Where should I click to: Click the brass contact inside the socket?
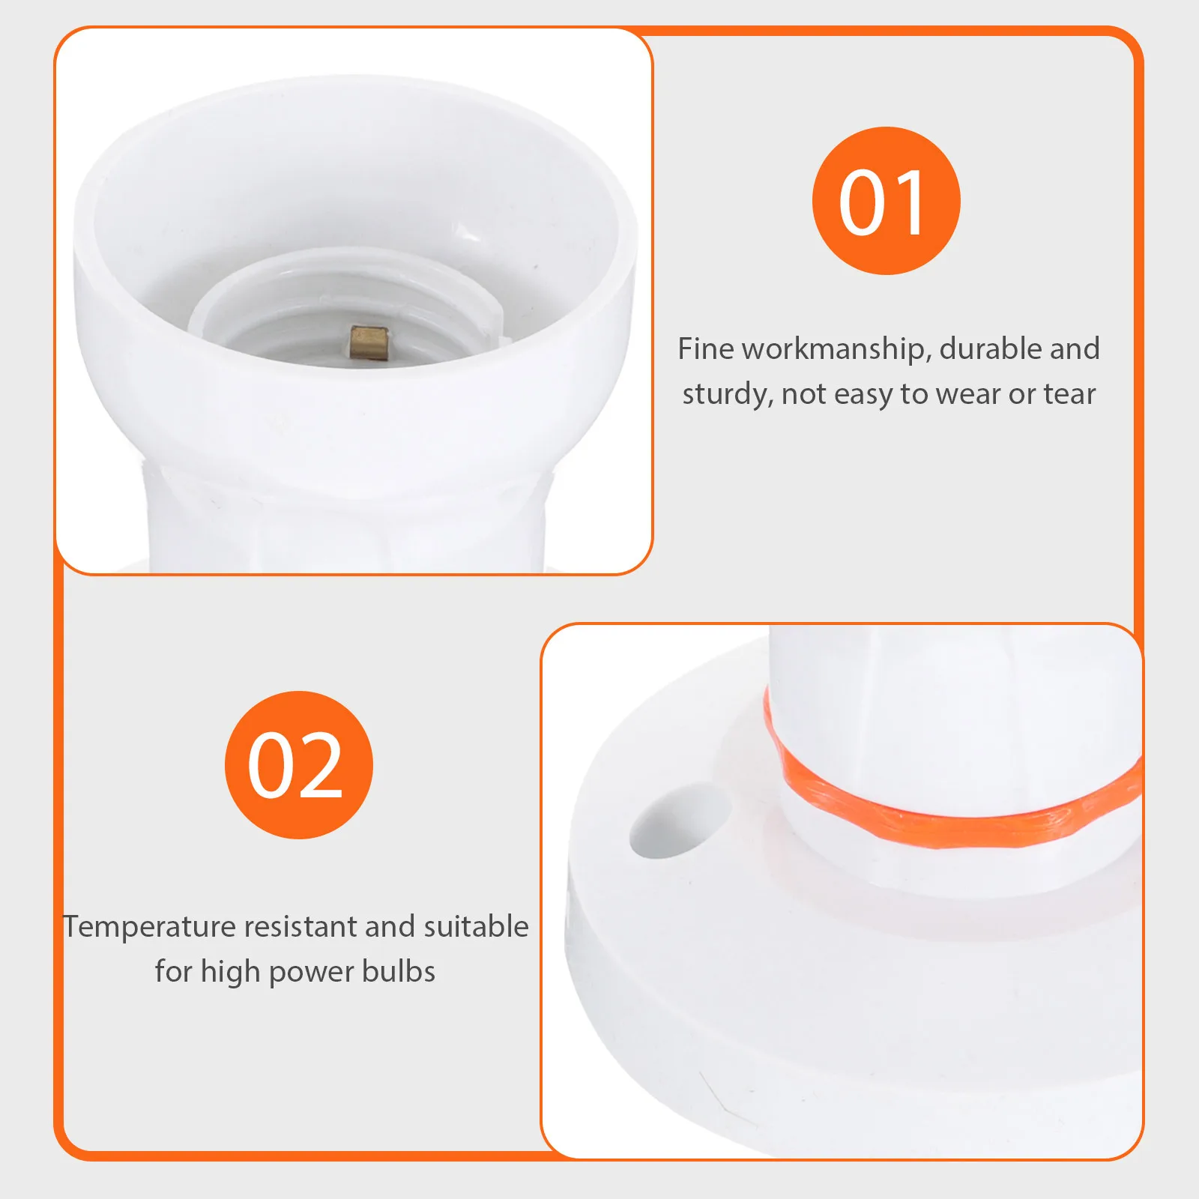click(x=367, y=344)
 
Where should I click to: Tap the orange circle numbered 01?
click(x=886, y=201)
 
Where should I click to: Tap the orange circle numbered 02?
click(x=298, y=765)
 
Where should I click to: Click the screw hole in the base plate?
click(x=678, y=821)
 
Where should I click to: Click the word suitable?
click(x=476, y=927)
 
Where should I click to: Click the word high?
click(x=230, y=973)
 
